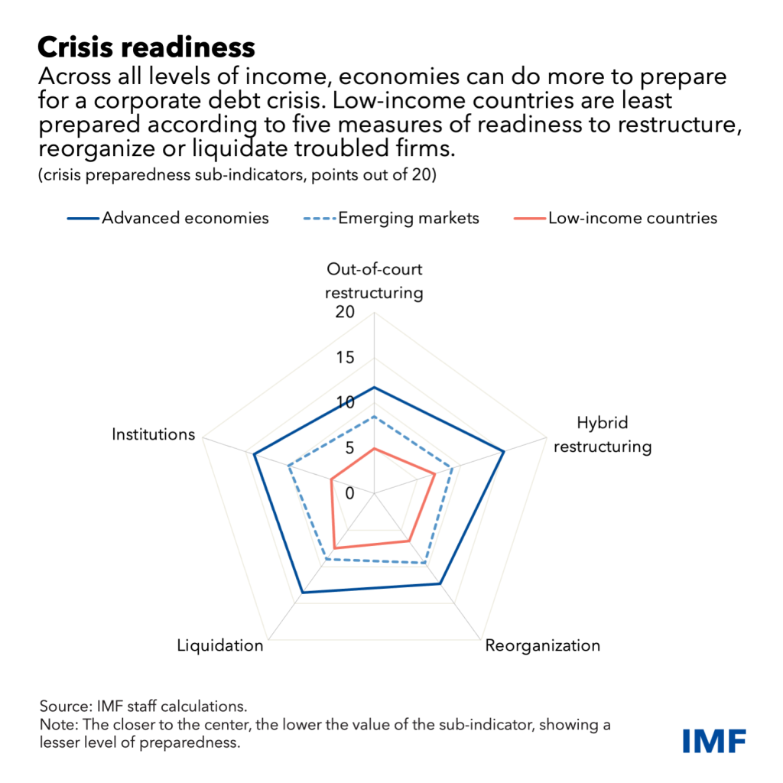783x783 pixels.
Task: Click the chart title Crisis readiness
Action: coord(146,48)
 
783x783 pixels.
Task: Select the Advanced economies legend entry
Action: coord(168,218)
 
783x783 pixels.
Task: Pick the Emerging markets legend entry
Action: coord(391,218)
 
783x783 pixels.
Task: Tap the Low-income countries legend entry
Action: coord(616,218)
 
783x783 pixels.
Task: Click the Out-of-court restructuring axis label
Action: coord(374,281)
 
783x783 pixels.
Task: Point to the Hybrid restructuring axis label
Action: coord(603,434)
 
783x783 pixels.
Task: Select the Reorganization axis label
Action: coord(543,645)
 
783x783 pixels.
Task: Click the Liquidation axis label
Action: coord(220,645)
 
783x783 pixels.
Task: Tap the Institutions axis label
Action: coord(153,434)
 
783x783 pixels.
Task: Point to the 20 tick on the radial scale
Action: coord(345,312)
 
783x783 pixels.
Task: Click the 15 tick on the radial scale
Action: coord(345,358)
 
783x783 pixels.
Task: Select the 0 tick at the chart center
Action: coord(349,493)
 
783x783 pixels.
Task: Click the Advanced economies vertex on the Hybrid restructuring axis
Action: coord(504,451)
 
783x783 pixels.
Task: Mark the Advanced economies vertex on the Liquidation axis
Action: coord(302,593)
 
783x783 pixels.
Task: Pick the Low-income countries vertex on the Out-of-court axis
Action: coord(374,449)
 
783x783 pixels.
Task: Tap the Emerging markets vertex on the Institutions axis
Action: coord(288,466)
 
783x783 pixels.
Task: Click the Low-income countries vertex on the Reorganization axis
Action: coord(409,541)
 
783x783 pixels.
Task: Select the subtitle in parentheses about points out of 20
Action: coord(237,175)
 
